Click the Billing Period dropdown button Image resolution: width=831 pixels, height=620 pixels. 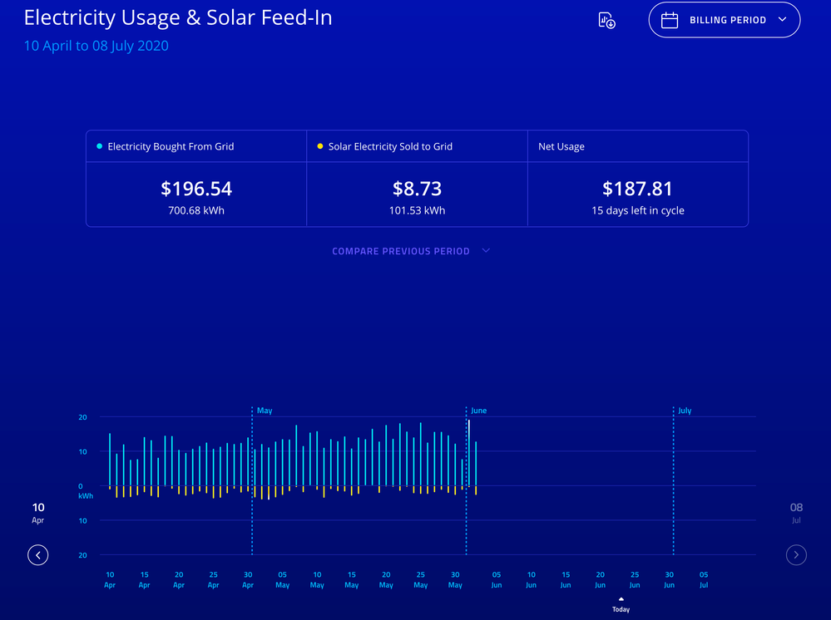(724, 20)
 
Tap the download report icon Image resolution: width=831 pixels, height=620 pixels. (606, 21)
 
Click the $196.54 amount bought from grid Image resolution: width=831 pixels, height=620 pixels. (196, 189)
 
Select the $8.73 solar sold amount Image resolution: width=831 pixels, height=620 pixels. (417, 189)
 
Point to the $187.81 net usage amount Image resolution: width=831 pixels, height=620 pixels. (637, 189)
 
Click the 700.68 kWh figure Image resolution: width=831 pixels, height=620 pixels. (196, 210)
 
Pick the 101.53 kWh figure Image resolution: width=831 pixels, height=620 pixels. (417, 210)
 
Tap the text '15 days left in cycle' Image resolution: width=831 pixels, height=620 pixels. (637, 210)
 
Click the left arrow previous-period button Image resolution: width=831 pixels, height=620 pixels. (37, 554)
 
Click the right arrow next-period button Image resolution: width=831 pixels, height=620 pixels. (796, 554)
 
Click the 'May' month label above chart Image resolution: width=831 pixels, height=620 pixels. (265, 411)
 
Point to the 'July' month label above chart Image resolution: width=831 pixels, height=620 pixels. (685, 411)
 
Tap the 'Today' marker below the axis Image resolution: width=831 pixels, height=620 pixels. (621, 606)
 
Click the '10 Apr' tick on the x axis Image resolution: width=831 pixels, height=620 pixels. (110, 579)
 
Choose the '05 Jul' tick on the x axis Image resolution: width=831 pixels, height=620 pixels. (704, 579)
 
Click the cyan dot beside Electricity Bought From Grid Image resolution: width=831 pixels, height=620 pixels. (100, 146)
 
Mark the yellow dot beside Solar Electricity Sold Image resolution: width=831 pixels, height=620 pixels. (320, 146)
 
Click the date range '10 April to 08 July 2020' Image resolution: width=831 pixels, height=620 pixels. (96, 46)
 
